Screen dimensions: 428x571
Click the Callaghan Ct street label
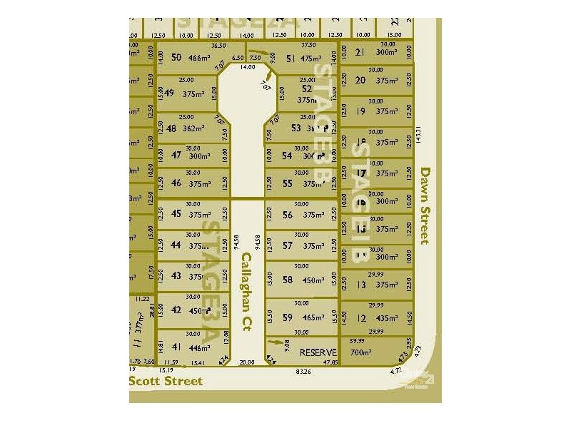tap(247, 292)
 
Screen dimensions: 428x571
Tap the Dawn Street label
tap(425, 205)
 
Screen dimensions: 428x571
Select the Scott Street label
tap(166, 382)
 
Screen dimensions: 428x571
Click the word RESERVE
tap(318, 353)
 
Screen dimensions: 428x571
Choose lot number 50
tap(176, 58)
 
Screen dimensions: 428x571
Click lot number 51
tap(290, 59)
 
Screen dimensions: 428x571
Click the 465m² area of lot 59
tap(313, 319)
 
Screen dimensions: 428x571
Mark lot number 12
tap(361, 318)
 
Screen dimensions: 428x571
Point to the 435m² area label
tap(386, 318)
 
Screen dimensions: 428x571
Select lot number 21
tap(360, 52)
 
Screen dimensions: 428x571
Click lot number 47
tap(176, 156)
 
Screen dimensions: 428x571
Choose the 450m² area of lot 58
tap(313, 280)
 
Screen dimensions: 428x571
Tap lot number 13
tap(361, 285)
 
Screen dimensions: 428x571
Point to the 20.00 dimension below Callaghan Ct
tap(247, 362)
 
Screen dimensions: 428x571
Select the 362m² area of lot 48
tap(193, 129)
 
